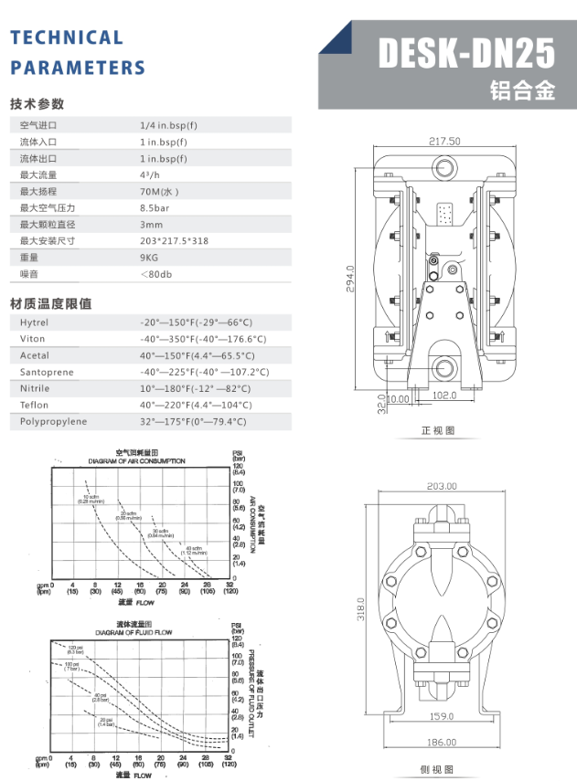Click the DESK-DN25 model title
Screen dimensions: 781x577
(466, 54)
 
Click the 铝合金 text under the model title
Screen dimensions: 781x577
(522, 91)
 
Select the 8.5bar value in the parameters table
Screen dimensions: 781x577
(157, 208)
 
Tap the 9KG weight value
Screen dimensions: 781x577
(150, 258)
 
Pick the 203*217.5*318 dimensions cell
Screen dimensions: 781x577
(174, 241)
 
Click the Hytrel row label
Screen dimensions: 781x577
(34, 322)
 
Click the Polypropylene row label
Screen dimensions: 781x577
(53, 421)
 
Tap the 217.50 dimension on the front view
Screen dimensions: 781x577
(444, 141)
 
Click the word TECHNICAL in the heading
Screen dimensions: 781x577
(66, 37)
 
